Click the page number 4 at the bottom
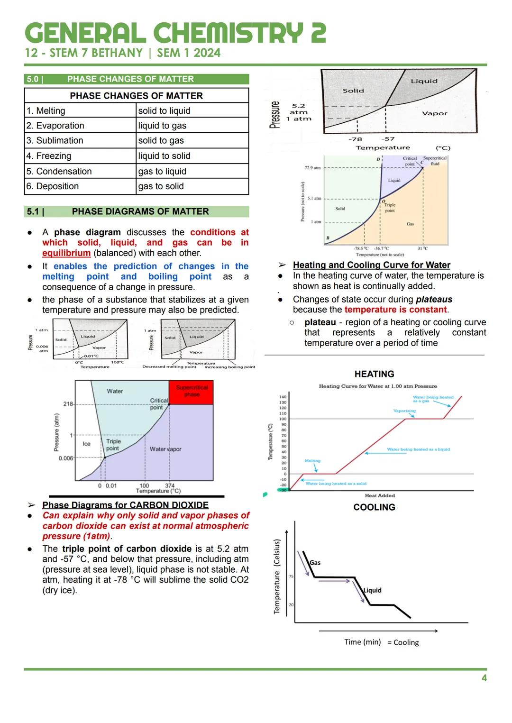(x=484, y=678)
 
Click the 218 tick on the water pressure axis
(x=68, y=404)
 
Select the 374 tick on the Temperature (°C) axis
(x=170, y=485)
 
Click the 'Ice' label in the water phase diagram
(x=86, y=444)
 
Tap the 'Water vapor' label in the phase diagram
(x=165, y=449)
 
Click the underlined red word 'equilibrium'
(x=66, y=253)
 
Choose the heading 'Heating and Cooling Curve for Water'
(x=371, y=265)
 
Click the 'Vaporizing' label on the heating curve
(x=404, y=411)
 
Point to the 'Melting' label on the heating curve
(x=312, y=460)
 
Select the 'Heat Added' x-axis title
(x=380, y=495)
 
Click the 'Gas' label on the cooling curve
(x=315, y=563)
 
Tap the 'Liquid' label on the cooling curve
(x=372, y=590)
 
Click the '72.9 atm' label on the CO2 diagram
(x=312, y=168)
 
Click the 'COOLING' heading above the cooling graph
(x=374, y=507)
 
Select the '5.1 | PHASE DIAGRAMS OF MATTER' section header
(x=137, y=211)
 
